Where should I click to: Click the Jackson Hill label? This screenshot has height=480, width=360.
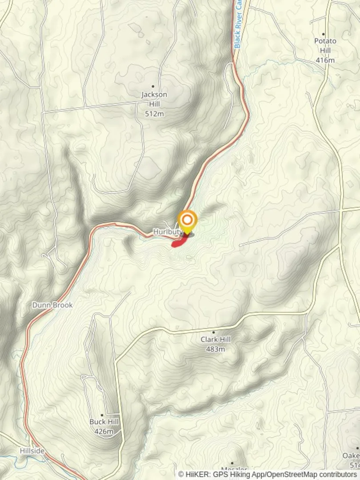click(154, 99)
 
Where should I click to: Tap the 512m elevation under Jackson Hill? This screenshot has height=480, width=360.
click(154, 114)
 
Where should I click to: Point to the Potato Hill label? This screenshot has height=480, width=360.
click(325, 45)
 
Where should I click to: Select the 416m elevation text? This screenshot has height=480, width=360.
click(325, 60)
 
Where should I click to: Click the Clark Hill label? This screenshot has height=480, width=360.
click(216, 340)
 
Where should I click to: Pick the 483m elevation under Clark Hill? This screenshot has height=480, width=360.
click(216, 349)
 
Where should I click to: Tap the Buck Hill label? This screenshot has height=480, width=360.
click(104, 422)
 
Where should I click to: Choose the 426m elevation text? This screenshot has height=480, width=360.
click(104, 432)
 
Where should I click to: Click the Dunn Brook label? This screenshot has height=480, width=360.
click(52, 305)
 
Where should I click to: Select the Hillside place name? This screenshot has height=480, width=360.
click(32, 451)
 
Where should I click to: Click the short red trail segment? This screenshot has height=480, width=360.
click(179, 241)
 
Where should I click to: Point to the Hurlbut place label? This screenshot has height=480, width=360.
click(167, 232)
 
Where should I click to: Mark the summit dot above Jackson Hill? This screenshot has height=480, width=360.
click(153, 87)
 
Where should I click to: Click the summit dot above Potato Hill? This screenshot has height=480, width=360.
click(323, 34)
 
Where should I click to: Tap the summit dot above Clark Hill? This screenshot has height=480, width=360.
click(213, 332)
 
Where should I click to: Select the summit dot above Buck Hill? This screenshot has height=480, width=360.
click(102, 415)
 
